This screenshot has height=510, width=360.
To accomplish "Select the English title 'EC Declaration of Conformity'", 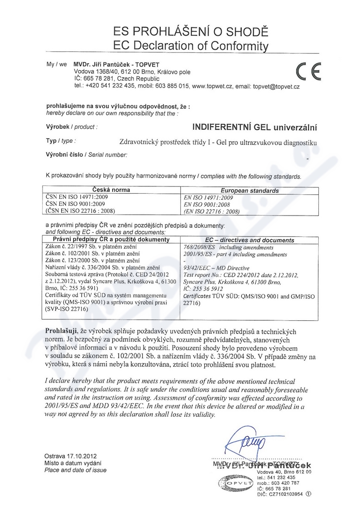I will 191,45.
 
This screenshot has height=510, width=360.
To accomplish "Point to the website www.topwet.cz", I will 212,86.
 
